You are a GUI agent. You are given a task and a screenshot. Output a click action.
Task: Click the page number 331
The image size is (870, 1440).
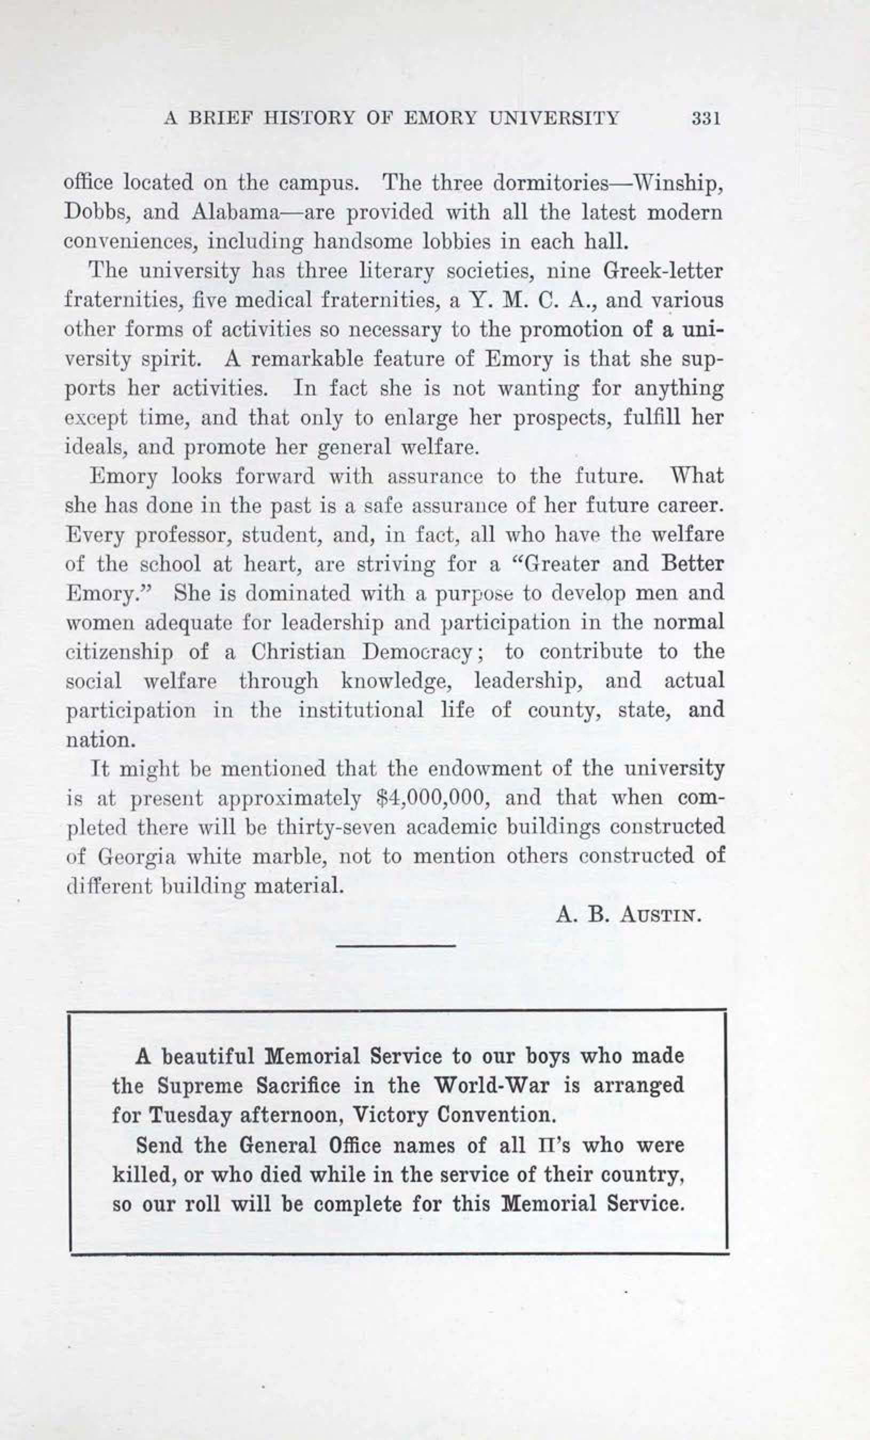706,118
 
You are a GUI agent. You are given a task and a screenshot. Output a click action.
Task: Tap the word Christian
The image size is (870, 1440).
298,652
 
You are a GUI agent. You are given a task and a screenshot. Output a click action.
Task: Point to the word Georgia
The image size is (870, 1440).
136,857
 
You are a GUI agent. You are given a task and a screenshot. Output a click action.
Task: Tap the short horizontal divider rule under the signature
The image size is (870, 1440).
396,946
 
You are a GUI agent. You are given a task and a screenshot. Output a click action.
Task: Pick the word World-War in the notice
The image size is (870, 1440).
492,1086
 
